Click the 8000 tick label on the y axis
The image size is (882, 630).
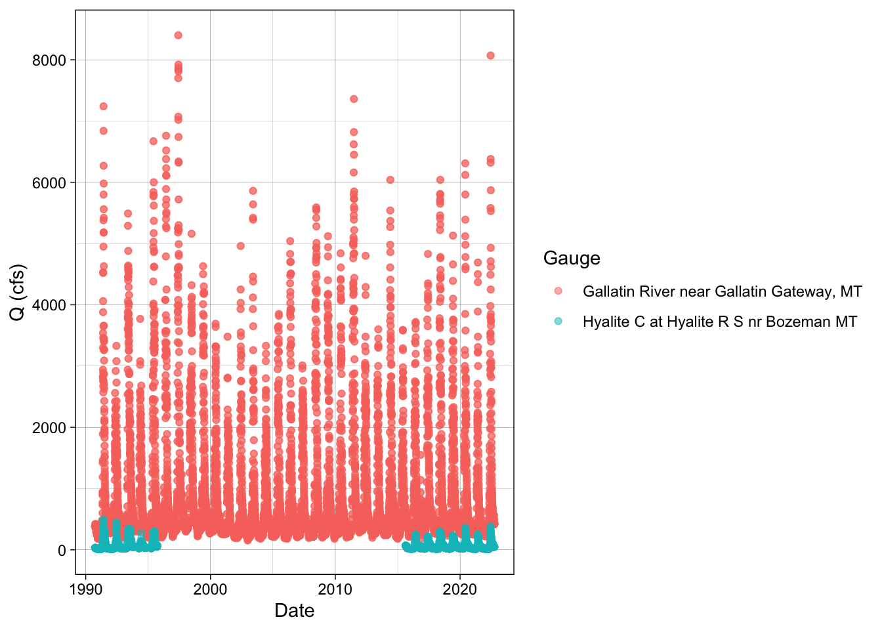point(49,60)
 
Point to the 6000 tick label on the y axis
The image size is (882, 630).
point(49,183)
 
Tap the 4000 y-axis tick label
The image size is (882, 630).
point(49,305)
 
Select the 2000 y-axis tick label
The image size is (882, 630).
point(49,428)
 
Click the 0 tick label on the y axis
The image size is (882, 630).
point(62,551)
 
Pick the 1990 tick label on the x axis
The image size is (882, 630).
point(85,589)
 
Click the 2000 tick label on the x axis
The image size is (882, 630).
point(210,589)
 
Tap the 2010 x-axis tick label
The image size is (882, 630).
point(335,589)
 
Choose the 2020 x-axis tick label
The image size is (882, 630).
point(460,589)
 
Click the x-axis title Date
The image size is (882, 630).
point(294,611)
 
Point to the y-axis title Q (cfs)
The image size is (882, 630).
point(18,292)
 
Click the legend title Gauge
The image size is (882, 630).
point(572,258)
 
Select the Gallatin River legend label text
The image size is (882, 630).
point(722,291)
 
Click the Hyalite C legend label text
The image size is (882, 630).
point(720,322)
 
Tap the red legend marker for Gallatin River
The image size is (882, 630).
point(558,291)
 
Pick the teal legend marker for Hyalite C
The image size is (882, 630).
point(558,321)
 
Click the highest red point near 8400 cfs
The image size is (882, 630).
point(178,35)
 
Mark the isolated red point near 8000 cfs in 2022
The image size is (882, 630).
point(490,56)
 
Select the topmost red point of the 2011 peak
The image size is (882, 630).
point(354,99)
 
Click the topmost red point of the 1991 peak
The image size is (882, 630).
point(103,106)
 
